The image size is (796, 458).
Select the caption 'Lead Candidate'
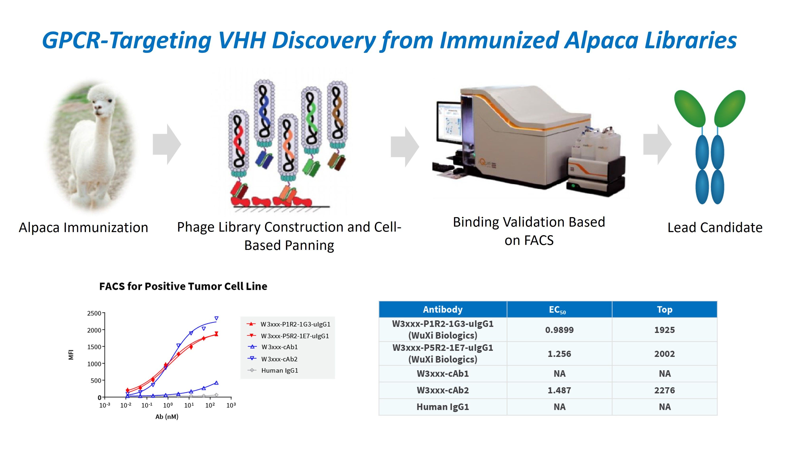715,227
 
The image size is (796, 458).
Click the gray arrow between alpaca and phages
167,144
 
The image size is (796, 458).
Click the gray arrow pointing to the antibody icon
657,144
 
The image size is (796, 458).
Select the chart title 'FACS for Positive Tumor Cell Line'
183,286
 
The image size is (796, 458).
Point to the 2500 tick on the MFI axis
94,313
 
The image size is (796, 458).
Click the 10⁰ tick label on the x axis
168,406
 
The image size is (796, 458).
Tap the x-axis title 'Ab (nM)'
167,417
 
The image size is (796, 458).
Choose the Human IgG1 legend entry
279,371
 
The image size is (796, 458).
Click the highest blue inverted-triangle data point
216,318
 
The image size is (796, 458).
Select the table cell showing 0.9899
559,330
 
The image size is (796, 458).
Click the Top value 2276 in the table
664,390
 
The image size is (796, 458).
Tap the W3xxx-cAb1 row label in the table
442,374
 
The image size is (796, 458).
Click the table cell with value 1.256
559,354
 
